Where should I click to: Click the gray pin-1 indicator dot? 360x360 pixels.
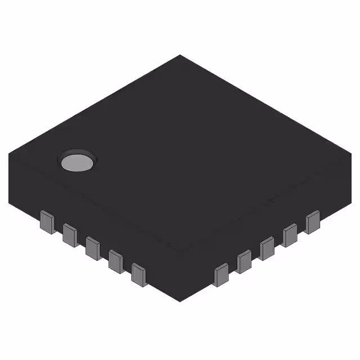tap(77, 161)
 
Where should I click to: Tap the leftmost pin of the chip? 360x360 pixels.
tap(47, 222)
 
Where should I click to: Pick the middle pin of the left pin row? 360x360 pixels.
tap(93, 248)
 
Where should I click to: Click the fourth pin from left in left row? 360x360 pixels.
tap(116, 261)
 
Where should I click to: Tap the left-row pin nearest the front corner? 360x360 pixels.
tap(139, 274)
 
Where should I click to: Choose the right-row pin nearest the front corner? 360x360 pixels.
tap(222, 274)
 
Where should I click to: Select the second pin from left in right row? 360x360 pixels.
tap(244, 262)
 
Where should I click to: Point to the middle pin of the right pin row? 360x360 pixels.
tap(267, 248)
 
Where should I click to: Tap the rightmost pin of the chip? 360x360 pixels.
tap(313, 222)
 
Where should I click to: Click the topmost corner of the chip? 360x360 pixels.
tap(180, 55)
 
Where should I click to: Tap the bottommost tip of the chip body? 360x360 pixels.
tap(180, 301)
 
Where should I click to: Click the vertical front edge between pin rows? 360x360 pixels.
tap(180, 276)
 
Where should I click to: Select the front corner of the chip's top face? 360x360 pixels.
tap(180, 251)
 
